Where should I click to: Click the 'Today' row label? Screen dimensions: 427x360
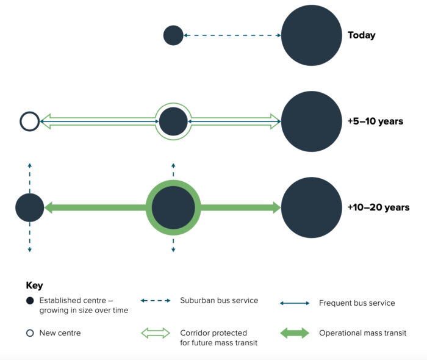[361, 35]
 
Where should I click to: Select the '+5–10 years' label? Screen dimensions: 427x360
[375, 121]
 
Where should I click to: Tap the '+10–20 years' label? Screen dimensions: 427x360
[379, 207]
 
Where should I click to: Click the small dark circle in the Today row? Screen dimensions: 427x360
[173, 35]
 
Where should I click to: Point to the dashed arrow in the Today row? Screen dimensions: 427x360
[232, 35]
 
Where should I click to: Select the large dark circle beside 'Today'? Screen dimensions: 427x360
[312, 35]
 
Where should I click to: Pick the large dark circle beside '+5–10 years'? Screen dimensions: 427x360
[312, 121]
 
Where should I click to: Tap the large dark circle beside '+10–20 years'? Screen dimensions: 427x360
[312, 207]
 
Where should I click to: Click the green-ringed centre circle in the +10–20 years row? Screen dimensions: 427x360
[173, 207]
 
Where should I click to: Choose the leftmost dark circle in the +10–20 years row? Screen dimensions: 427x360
[30, 207]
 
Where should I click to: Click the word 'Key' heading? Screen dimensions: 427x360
[34, 286]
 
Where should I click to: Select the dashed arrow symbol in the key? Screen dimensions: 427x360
[156, 301]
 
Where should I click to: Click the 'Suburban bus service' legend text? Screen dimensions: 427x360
[219, 300]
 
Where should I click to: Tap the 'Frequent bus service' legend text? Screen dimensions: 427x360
[357, 303]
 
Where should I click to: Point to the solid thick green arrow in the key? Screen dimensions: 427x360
[295, 333]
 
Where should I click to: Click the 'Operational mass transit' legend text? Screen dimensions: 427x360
[363, 333]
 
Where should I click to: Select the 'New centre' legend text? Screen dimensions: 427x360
[60, 333]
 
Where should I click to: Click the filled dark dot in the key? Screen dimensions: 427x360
[30, 301]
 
